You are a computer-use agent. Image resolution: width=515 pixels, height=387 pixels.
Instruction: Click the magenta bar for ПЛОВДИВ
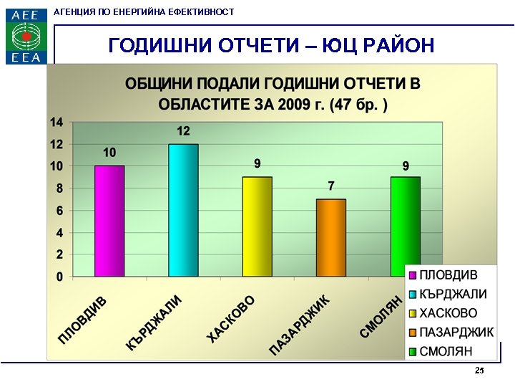(109, 221)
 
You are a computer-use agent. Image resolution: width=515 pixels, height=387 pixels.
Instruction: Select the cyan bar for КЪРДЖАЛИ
(184, 210)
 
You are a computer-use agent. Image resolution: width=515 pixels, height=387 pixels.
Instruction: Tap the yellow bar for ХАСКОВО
(257, 226)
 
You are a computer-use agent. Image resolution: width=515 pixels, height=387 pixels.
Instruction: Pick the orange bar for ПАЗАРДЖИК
(331, 237)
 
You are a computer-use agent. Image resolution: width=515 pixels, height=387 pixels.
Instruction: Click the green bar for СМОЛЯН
(405, 226)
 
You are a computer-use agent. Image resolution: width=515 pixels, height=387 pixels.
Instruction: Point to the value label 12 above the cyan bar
(184, 131)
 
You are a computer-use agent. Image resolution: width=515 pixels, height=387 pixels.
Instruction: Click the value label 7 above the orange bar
(331, 186)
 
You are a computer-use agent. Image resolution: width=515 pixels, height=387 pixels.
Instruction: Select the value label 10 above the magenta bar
(109, 153)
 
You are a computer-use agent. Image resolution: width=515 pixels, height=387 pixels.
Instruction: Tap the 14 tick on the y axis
(57, 123)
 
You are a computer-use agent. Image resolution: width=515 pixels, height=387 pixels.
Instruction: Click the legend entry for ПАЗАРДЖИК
(456, 333)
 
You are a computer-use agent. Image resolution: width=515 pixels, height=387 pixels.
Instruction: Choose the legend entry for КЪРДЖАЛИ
(453, 295)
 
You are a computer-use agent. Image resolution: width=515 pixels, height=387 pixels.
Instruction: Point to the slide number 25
(479, 371)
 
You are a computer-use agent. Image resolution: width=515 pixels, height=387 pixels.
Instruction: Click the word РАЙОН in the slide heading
(394, 46)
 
